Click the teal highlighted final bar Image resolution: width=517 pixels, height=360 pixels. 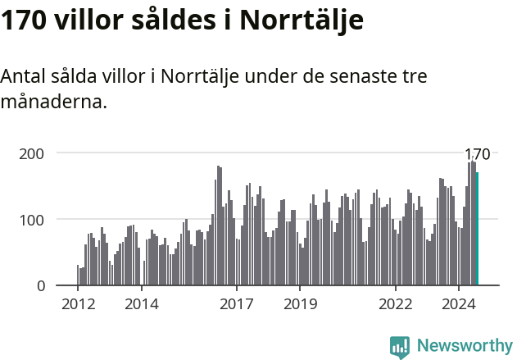[x=477, y=229]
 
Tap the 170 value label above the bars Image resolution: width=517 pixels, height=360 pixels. [x=477, y=154]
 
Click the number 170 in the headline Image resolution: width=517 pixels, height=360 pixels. [x=23, y=21]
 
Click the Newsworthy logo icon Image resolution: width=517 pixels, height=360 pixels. [x=400, y=347]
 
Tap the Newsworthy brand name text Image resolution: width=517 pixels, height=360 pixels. [x=464, y=346]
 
